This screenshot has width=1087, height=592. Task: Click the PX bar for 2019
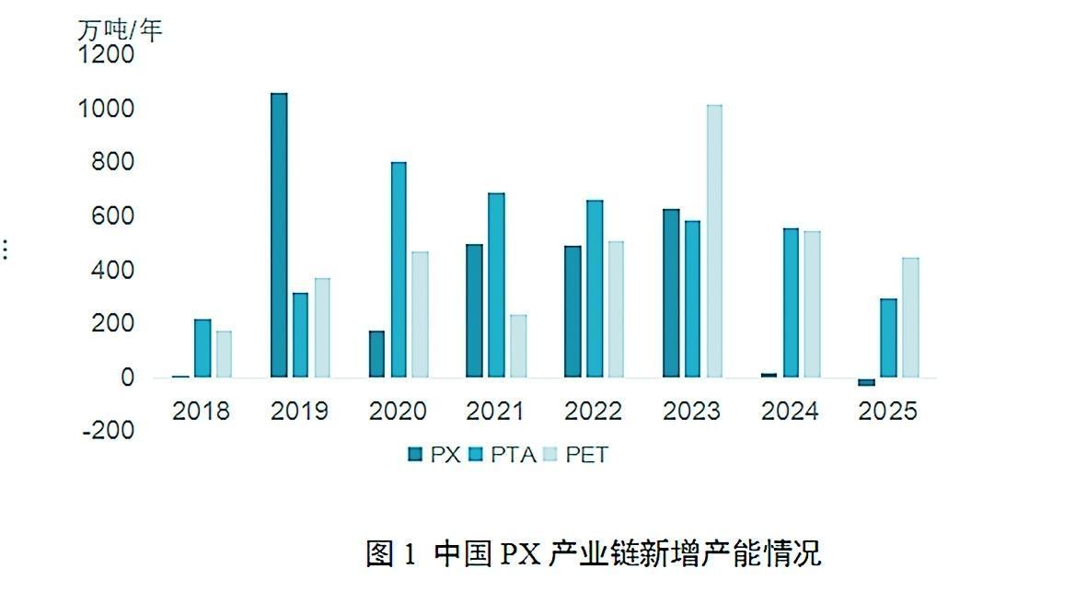coord(279,236)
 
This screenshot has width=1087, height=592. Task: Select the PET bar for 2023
coord(714,241)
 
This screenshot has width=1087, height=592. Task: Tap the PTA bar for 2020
coord(399,270)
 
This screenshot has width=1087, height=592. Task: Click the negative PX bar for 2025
coord(866,382)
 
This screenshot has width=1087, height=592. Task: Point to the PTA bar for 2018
coord(202,348)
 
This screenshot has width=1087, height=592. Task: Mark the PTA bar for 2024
coord(791,303)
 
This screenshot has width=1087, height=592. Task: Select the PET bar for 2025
coord(910,318)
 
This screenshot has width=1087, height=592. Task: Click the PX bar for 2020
coord(376,354)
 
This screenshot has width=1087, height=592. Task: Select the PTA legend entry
coord(504,454)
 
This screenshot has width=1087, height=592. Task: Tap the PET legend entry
coord(576,454)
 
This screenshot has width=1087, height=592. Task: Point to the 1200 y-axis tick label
coord(107,55)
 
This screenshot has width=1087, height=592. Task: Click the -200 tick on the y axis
coord(108,431)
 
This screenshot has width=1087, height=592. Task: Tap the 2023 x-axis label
coord(691,411)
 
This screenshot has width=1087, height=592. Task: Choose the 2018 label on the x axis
coord(201,411)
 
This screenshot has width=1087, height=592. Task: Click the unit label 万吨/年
coord(120,30)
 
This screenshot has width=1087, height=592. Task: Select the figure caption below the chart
coord(593,553)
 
